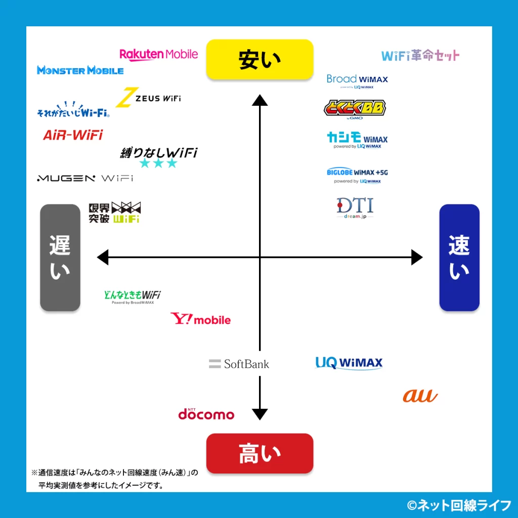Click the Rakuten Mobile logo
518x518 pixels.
[x=158, y=54]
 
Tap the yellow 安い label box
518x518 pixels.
[x=260, y=60]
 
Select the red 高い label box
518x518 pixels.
[x=260, y=453]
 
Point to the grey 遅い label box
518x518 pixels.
[x=60, y=257]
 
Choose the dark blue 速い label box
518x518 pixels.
[x=459, y=257]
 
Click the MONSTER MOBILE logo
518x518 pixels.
[x=80, y=70]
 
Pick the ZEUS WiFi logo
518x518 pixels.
[x=148, y=98]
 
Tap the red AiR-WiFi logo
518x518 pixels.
[x=73, y=135]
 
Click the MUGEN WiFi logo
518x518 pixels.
[x=85, y=178]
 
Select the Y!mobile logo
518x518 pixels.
[x=200, y=319]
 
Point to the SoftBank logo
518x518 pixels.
[x=239, y=364]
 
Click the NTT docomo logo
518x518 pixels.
[x=206, y=414]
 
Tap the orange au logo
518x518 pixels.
[x=420, y=396]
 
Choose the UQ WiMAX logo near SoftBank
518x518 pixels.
[x=349, y=363]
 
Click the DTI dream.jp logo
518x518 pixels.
[x=355, y=207]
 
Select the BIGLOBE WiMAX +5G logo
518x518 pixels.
[x=357, y=175]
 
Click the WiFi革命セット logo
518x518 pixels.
[x=420, y=55]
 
